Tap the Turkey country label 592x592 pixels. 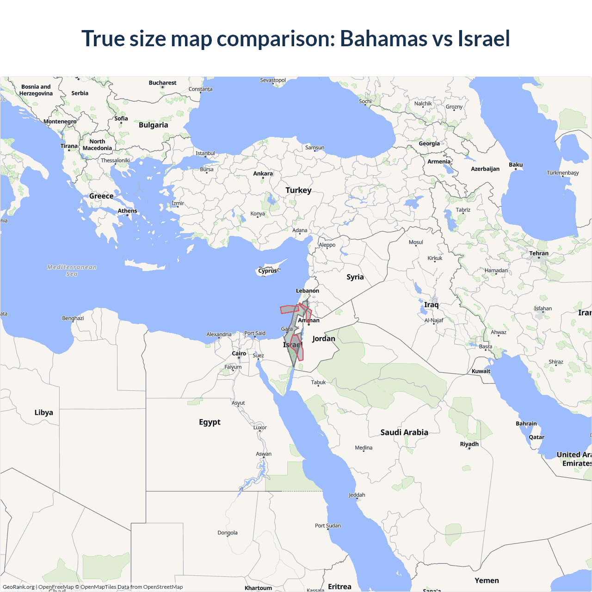point(298,190)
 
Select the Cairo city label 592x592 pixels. point(239,353)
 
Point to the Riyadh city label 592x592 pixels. point(469,444)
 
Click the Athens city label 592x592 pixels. point(127,211)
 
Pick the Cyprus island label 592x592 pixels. point(267,271)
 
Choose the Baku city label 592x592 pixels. point(516,165)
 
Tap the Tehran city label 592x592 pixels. point(539,253)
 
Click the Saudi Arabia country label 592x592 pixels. point(404,432)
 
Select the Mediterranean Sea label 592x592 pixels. point(72,271)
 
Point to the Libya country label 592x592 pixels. point(43,413)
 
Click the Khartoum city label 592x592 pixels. point(258,588)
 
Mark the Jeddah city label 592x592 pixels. point(357,495)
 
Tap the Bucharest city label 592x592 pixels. point(162,83)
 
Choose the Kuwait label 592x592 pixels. point(481,371)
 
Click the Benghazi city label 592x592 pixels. point(73,318)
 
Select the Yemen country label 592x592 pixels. point(487,580)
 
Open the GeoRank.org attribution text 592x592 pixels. point(18,587)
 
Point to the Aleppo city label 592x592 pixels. point(327,245)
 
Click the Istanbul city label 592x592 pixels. point(205,153)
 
